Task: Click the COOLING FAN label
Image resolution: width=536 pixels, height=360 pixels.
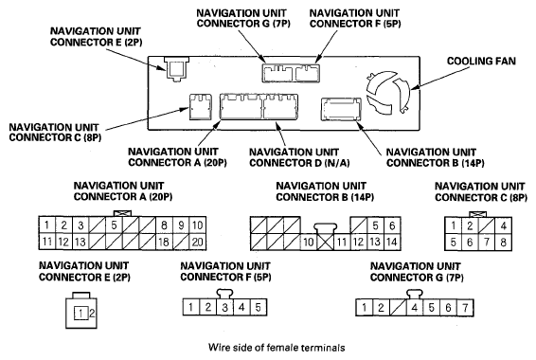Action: [481, 62]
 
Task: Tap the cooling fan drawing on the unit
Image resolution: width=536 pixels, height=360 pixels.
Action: [387, 92]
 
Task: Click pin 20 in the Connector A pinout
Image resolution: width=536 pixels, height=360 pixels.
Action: [198, 242]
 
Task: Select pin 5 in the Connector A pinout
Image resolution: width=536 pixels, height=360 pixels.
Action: [114, 225]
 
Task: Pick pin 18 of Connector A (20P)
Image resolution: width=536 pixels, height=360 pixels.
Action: [164, 242]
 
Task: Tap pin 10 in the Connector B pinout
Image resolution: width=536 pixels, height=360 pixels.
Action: [309, 242]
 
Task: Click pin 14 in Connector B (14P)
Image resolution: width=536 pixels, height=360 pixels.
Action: [392, 242]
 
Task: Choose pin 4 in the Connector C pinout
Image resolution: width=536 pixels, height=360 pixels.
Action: [503, 225]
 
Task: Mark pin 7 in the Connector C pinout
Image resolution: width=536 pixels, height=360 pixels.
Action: [487, 243]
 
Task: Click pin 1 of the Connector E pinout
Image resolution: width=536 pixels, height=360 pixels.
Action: [80, 314]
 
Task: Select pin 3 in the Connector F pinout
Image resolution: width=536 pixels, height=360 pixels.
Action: [224, 307]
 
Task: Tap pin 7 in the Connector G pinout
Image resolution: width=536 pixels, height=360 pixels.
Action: [465, 308]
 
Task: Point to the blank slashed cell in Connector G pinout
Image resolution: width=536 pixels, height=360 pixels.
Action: [398, 308]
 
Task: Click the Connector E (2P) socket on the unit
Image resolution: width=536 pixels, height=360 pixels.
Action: [176, 69]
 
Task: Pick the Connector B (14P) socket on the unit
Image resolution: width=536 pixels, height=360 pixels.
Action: [341, 109]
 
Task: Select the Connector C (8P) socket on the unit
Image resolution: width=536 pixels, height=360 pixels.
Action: [201, 107]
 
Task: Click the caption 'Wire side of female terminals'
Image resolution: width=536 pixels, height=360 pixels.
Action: [277, 348]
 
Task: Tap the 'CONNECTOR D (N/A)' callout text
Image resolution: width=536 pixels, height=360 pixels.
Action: [299, 163]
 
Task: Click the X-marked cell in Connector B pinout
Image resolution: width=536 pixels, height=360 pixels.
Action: [326, 242]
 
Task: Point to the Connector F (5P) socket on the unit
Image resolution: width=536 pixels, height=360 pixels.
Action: [308, 74]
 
